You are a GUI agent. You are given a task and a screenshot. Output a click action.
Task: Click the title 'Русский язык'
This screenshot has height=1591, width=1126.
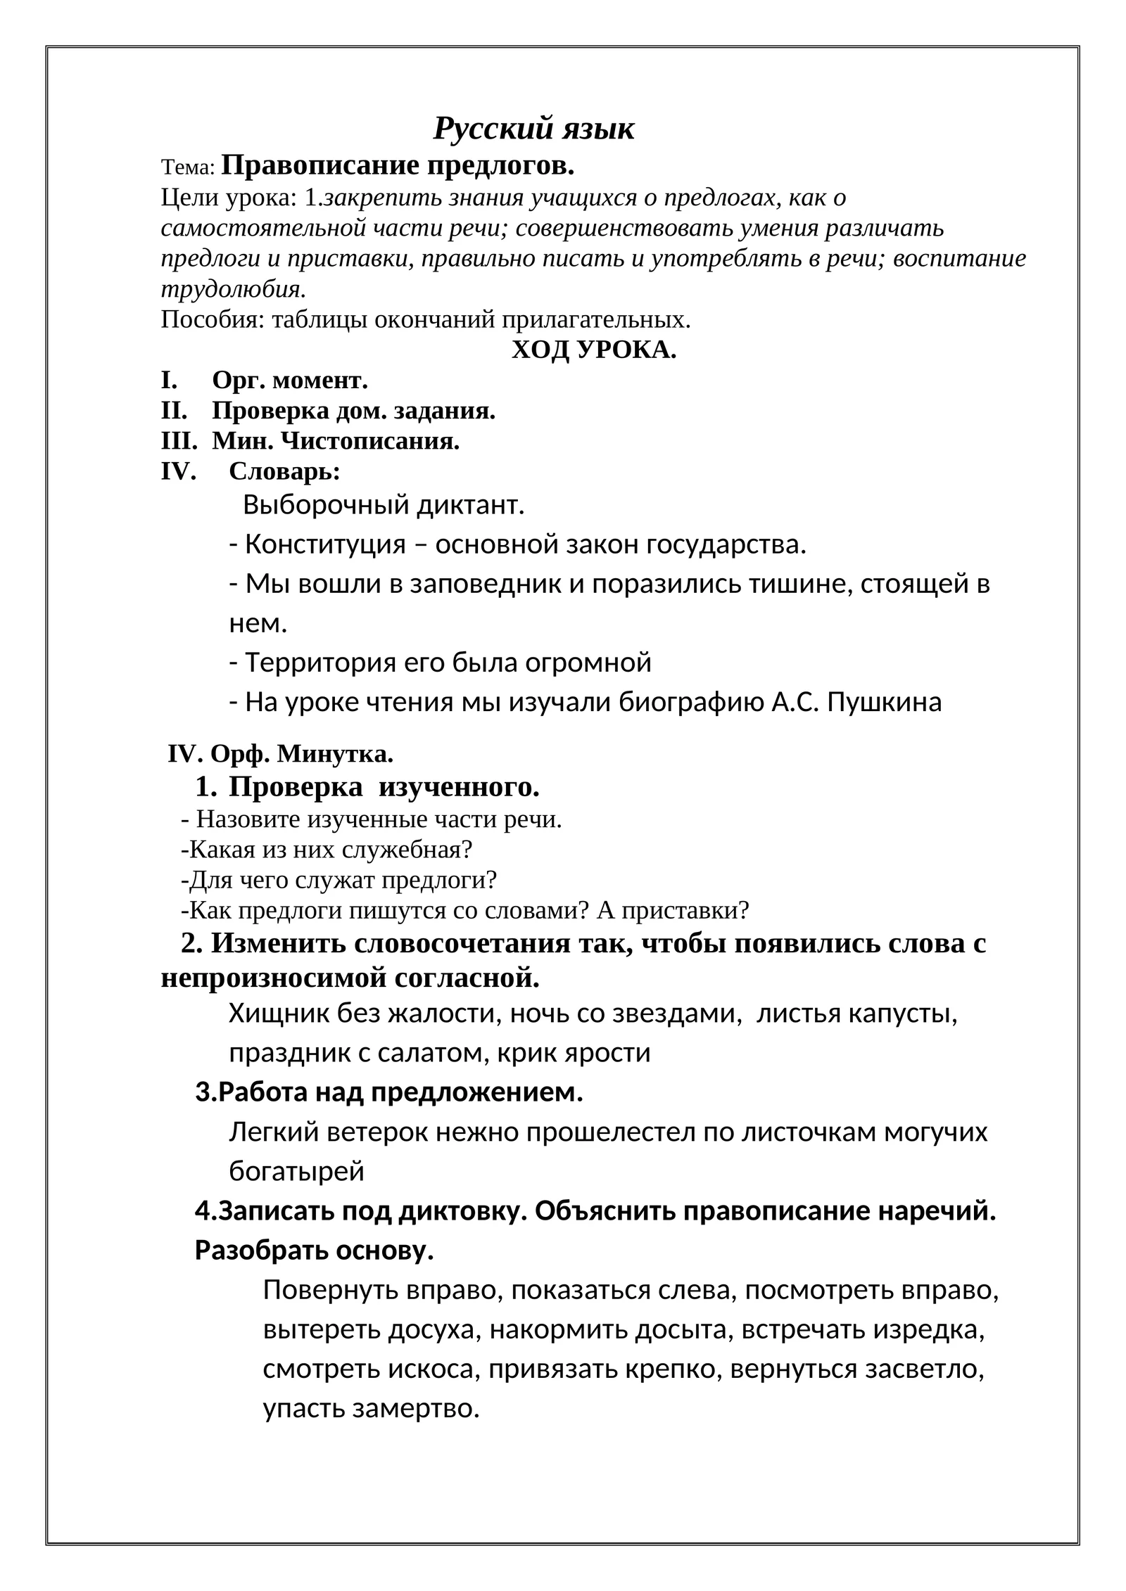[x=533, y=129]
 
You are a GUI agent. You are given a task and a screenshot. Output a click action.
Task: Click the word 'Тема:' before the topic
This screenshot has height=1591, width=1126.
[x=187, y=167]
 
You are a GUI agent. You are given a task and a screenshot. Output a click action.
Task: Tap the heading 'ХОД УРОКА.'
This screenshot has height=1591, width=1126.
[x=593, y=350]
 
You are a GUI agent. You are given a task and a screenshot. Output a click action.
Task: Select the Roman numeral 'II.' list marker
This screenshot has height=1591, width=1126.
[x=174, y=411]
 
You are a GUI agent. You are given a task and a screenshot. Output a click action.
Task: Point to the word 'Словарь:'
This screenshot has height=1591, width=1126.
[x=284, y=472]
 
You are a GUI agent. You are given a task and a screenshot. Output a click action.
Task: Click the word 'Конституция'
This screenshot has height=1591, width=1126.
[x=325, y=544]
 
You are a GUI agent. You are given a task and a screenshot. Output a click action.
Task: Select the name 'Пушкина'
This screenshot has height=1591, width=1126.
[x=884, y=702]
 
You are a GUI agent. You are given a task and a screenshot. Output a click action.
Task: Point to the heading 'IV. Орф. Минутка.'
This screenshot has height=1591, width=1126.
[x=280, y=755]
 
